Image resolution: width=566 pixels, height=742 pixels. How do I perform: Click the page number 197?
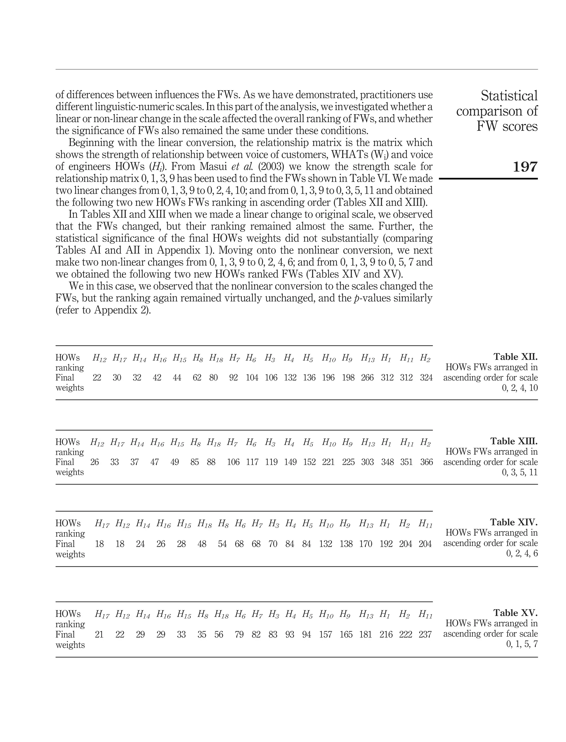(x=525, y=167)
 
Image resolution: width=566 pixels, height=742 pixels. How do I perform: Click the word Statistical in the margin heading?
(x=509, y=96)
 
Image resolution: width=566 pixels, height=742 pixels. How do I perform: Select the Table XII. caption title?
(x=515, y=357)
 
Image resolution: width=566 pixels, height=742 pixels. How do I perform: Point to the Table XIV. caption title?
(x=514, y=522)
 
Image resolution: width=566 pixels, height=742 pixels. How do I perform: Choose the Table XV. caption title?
(x=515, y=613)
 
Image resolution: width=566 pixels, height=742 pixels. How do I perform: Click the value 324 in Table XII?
(x=426, y=377)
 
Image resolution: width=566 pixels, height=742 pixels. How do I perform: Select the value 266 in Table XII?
(x=367, y=377)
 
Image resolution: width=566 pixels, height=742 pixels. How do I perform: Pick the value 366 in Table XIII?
(x=426, y=462)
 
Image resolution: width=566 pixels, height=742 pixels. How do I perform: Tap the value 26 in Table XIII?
(x=95, y=462)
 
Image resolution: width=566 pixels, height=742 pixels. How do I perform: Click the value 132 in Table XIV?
(x=326, y=544)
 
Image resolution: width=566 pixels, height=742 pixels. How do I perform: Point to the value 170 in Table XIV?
(x=366, y=544)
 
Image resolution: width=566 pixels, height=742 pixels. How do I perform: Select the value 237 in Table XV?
(x=425, y=634)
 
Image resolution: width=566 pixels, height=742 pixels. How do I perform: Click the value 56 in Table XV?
(x=219, y=634)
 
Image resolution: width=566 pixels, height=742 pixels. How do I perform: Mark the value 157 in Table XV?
(x=326, y=634)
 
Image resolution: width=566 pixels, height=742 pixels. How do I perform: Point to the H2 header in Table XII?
(x=425, y=358)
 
